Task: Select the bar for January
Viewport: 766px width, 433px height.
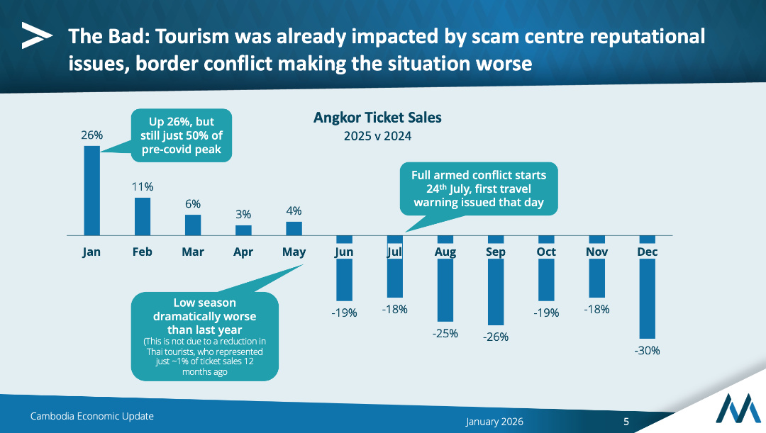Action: click(x=92, y=190)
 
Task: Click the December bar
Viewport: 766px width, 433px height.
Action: click(x=647, y=287)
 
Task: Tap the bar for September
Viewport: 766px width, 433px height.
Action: click(x=495, y=280)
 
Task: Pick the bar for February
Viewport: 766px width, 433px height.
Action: click(x=143, y=215)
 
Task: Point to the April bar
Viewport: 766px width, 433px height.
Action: click(x=243, y=230)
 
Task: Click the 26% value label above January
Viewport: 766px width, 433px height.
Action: click(x=91, y=135)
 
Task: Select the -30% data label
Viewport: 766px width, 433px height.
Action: click(x=647, y=350)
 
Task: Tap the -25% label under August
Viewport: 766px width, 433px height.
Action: click(x=445, y=333)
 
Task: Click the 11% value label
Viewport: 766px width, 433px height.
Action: click(x=143, y=186)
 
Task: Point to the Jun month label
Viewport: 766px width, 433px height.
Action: click(x=344, y=252)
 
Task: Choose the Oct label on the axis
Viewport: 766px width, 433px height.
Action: click(x=546, y=252)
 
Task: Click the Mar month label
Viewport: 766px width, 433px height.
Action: click(x=193, y=252)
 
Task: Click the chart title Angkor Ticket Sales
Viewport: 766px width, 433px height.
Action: click(x=377, y=117)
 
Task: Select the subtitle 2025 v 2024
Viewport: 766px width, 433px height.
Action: click(x=377, y=135)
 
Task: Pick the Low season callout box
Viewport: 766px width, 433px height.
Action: click(x=204, y=336)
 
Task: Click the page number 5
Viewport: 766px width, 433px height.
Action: click(x=626, y=422)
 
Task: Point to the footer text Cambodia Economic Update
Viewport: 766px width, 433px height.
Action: click(x=91, y=416)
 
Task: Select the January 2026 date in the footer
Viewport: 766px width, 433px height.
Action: click(x=494, y=422)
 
